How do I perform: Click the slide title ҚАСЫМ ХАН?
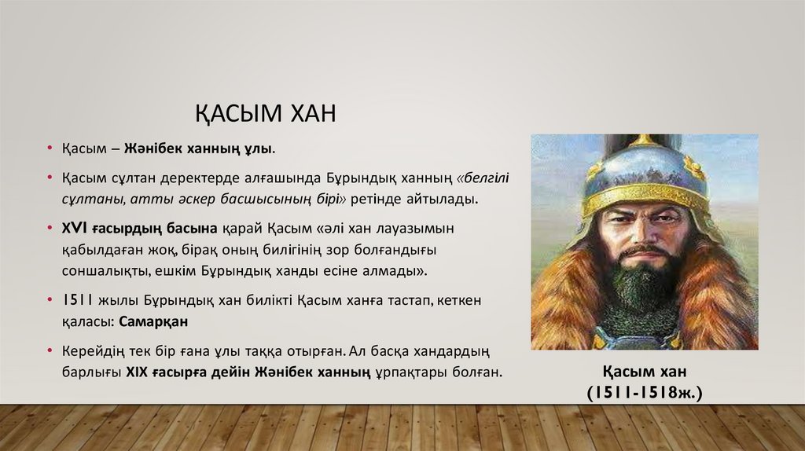266,114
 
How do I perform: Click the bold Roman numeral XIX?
138,372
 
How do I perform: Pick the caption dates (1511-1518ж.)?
644,390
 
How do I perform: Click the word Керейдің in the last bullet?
86,350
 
